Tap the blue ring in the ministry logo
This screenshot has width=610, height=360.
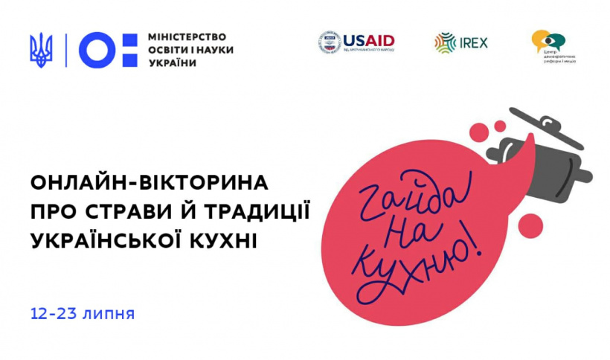pos(96,49)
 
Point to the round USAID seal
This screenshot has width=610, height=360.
pos(329,42)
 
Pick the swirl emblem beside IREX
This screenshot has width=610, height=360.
pos(446,42)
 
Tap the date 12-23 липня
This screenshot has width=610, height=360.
pos(83,312)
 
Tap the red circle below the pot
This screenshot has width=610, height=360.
pos(530,222)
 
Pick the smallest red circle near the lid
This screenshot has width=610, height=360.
pos(501,126)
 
